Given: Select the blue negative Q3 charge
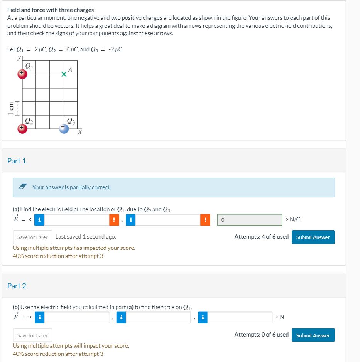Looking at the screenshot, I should [x=64, y=129].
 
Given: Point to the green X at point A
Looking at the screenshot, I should [x=64, y=74].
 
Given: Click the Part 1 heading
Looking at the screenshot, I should [x=17, y=161].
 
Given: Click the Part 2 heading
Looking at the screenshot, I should [x=17, y=286].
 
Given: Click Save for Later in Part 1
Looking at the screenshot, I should [x=32, y=237].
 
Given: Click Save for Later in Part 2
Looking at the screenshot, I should [x=32, y=335].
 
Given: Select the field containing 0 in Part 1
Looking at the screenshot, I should [x=250, y=220].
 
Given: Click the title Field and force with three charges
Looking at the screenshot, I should [x=51, y=10].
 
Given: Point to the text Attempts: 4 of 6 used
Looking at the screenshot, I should [x=261, y=237].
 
